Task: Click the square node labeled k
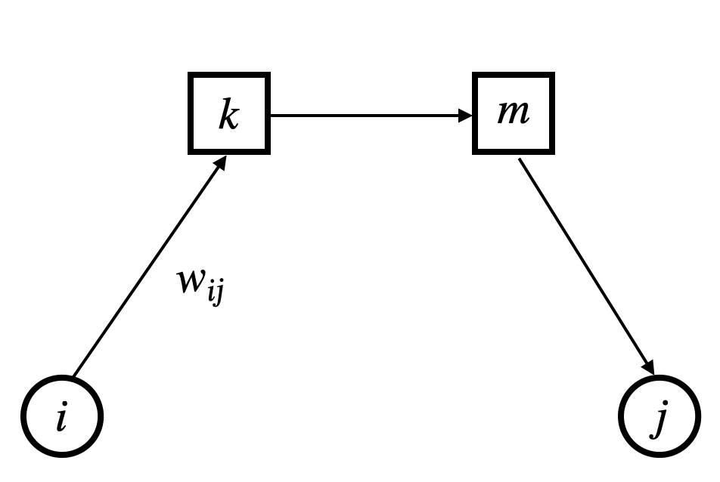[229, 114]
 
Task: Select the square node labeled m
[514, 114]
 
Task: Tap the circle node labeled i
[61, 416]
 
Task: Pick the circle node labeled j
[659, 416]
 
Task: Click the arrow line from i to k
[147, 268]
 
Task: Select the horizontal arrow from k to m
[371, 116]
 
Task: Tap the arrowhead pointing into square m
[466, 116]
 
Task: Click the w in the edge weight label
[190, 283]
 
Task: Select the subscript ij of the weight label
[215, 293]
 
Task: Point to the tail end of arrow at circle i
[74, 375]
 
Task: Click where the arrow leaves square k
[272, 116]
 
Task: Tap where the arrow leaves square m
[520, 159]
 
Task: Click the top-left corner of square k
[191, 76]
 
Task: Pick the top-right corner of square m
[552, 76]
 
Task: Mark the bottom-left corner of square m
[476, 152]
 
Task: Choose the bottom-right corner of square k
[268, 152]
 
